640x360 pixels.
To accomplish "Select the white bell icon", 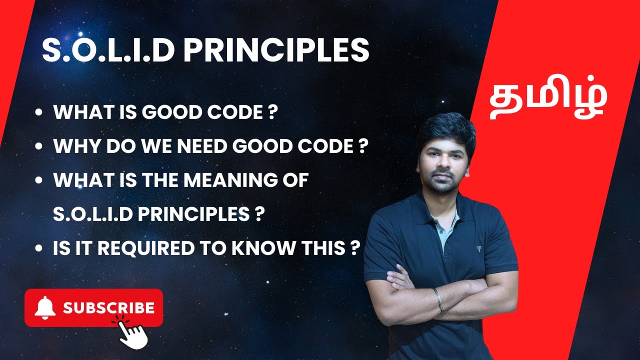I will click(x=45, y=307).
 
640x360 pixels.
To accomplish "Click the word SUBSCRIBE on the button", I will click(x=108, y=307).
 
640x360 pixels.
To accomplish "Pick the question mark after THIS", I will click(x=354, y=248).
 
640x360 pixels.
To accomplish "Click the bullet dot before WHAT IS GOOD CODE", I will click(x=38, y=113).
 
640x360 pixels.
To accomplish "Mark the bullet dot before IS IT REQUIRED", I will click(x=38, y=249).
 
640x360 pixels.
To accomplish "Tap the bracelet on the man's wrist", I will click(x=438, y=298).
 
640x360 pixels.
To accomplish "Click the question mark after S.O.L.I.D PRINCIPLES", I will click(x=258, y=214).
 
